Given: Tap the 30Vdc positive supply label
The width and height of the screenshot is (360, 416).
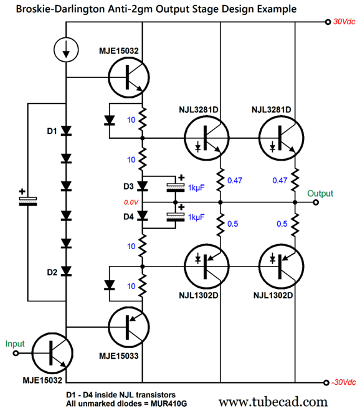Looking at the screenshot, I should click(344, 22).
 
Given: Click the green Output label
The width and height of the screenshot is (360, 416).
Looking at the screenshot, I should click(320, 194).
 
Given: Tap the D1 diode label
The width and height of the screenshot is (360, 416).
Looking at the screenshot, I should click(52, 131).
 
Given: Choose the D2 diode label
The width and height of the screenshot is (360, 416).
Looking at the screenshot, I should click(52, 272).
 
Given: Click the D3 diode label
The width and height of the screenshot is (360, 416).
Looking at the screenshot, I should click(128, 186).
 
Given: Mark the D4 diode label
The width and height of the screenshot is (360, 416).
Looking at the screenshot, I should click(128, 217).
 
